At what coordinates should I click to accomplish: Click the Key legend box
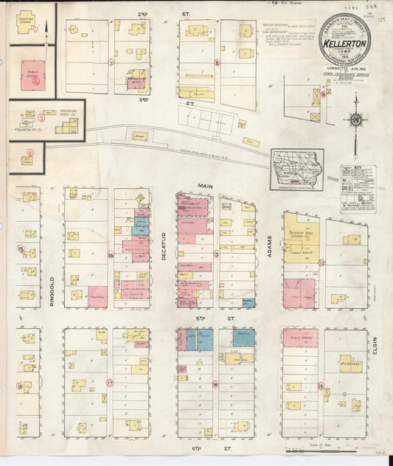tap(358, 189)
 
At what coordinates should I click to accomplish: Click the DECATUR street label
tap(164, 248)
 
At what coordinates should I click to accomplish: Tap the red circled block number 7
tap(111, 63)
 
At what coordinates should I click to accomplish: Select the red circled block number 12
tap(321, 262)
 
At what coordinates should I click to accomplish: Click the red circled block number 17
tap(110, 383)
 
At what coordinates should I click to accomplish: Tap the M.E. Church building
tap(349, 363)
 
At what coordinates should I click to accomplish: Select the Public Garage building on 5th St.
tap(300, 338)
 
